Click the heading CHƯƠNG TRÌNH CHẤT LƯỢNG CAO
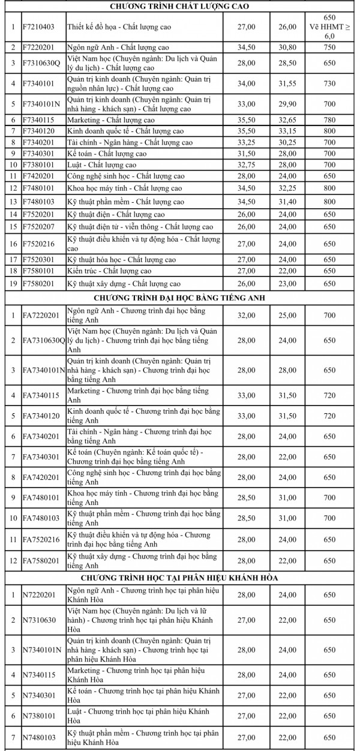[180, 7]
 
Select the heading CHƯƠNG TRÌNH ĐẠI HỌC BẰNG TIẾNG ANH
[180, 297]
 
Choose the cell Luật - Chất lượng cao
[102, 164]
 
